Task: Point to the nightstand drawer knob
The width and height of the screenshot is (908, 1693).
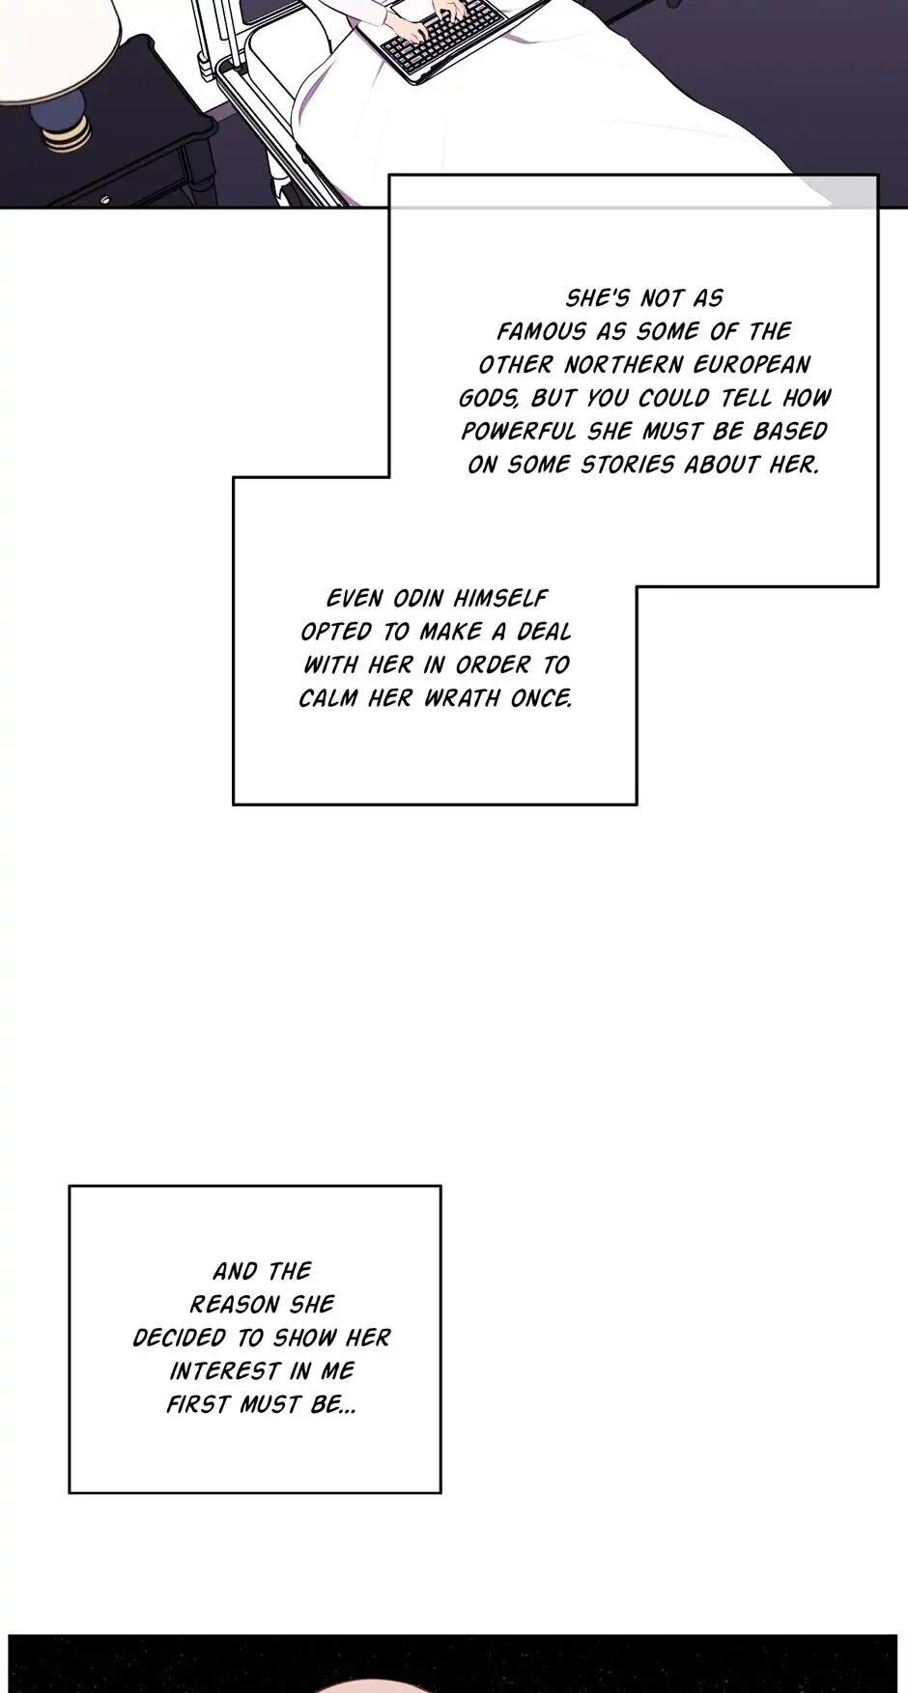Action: tap(105, 201)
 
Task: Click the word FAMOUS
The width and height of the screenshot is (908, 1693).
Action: tap(542, 332)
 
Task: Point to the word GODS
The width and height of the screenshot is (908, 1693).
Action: tap(488, 399)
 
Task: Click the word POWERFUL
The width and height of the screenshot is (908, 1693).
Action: tap(519, 432)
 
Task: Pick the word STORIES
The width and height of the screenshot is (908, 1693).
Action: tap(628, 466)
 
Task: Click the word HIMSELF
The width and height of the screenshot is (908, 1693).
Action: tap(500, 599)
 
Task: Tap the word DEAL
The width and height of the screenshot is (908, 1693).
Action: tap(545, 633)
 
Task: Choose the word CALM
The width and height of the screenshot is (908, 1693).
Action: tap(328, 698)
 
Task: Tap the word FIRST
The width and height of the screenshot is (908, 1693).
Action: tap(198, 1405)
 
